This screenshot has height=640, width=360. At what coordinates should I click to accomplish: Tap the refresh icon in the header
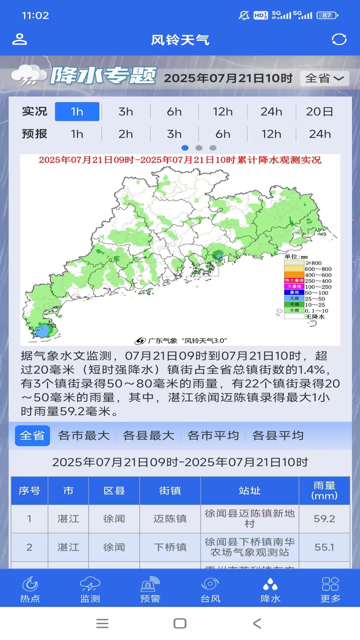[x=339, y=39]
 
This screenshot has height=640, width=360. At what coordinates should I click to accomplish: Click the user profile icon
[x=20, y=39]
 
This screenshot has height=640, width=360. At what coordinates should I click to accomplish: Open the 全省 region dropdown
[x=324, y=78]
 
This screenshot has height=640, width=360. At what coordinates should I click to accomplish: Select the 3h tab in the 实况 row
[x=126, y=112]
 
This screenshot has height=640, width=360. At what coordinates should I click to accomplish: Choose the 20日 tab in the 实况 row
[x=319, y=112]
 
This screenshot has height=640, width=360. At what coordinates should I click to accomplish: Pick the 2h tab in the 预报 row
[x=126, y=134]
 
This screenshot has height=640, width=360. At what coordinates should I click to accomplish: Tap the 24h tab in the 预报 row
[x=320, y=134]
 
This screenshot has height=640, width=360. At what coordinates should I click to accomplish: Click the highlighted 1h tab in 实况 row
[x=77, y=112]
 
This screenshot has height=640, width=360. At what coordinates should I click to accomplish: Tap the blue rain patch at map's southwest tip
[x=42, y=331]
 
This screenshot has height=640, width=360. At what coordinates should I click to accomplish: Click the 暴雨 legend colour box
[x=294, y=293]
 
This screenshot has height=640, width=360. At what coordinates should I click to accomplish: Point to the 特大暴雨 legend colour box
[x=294, y=281]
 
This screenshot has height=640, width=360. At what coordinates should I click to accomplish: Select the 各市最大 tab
[x=84, y=436]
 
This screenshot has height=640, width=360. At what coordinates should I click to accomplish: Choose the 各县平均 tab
[x=278, y=436]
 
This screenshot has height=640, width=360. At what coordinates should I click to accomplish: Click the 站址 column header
[x=250, y=491]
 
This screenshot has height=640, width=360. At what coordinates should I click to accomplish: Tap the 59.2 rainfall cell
[x=324, y=519]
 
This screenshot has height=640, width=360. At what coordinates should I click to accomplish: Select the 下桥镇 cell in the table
[x=170, y=547]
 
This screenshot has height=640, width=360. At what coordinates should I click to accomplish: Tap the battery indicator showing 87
[x=327, y=15]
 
